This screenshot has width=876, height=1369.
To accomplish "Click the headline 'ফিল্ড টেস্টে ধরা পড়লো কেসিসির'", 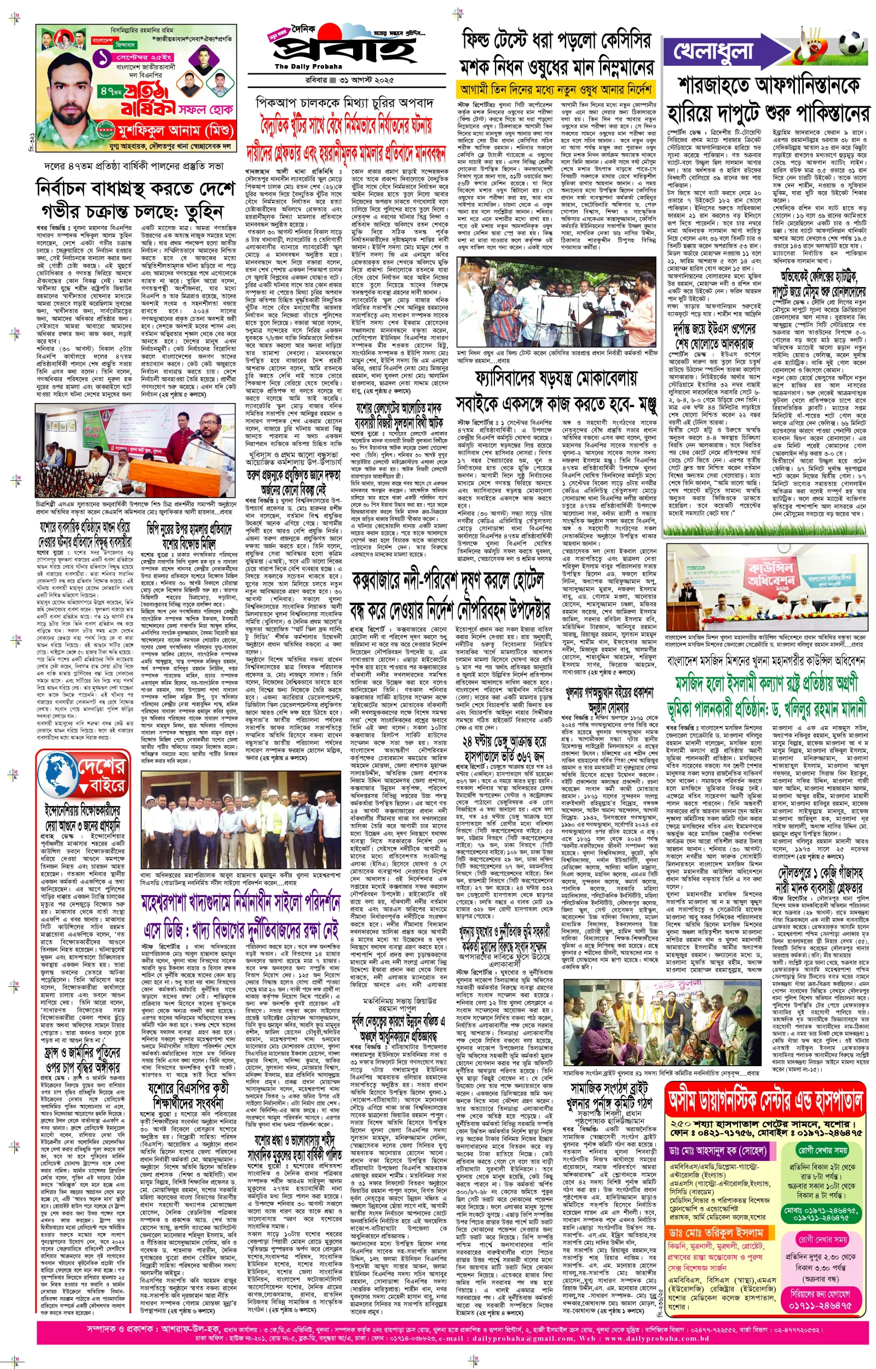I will [x=556, y=41].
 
